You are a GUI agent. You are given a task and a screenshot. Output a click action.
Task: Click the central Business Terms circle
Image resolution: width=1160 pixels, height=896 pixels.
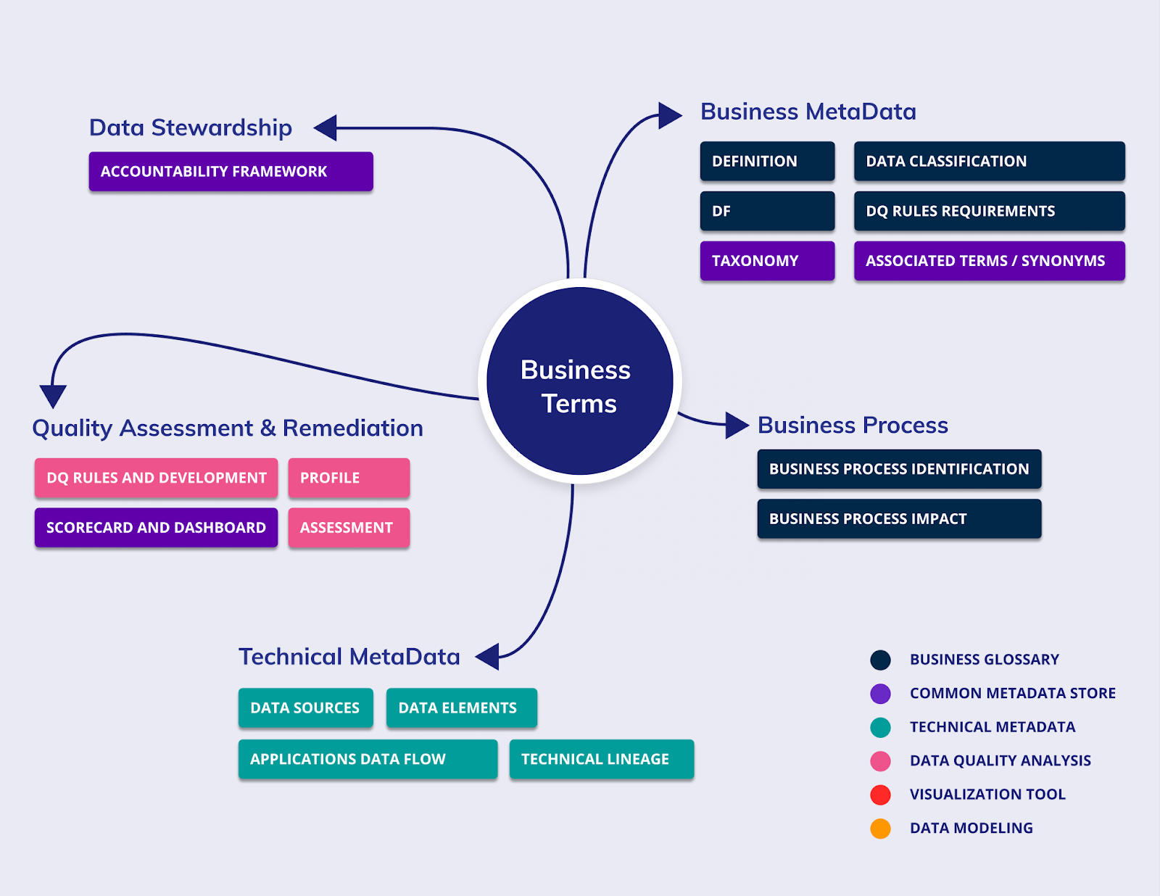[579, 381]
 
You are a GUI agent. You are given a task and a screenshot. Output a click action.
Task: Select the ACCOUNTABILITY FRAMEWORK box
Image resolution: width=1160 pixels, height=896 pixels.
[231, 172]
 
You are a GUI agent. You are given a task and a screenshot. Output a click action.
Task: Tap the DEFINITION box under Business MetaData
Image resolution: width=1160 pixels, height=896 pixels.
[767, 161]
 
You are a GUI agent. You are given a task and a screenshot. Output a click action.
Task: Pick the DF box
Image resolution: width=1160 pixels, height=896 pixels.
[767, 211]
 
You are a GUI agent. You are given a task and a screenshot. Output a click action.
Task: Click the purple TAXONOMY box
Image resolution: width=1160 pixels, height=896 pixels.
[767, 261]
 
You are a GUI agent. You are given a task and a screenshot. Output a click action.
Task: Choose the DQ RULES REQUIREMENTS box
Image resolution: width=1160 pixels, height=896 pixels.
[989, 211]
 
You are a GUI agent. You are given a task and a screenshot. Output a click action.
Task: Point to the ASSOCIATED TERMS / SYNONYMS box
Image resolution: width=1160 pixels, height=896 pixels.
[989, 261]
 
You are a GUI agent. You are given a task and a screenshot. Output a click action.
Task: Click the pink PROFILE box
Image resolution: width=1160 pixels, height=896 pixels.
[349, 478]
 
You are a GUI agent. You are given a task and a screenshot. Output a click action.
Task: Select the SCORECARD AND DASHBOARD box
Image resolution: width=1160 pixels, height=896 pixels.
[156, 528]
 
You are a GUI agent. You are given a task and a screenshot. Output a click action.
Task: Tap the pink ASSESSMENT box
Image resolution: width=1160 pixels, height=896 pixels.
[349, 528]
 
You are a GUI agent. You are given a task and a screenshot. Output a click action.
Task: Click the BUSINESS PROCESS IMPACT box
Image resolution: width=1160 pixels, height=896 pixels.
[899, 519]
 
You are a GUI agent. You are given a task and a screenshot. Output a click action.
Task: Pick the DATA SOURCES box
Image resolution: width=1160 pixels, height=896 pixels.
[305, 708]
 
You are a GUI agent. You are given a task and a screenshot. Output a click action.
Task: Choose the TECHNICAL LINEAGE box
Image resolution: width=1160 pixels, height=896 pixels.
[601, 760]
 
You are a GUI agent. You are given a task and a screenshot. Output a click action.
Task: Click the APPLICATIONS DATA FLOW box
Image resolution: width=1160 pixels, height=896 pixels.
[368, 760]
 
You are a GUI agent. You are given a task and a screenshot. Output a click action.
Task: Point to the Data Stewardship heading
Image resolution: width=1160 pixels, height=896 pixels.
[190, 128]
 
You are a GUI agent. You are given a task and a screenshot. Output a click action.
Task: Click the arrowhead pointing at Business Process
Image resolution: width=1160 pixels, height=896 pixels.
[736, 426]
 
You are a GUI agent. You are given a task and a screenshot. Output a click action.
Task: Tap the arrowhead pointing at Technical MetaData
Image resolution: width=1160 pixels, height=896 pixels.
[489, 657]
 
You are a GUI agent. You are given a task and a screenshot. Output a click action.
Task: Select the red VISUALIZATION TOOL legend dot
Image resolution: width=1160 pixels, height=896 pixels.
[880, 795]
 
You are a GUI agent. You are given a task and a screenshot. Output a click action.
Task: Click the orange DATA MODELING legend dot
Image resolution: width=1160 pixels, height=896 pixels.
[880, 828]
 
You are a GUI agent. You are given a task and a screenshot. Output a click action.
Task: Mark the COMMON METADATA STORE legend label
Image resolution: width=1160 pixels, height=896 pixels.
[1012, 694]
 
